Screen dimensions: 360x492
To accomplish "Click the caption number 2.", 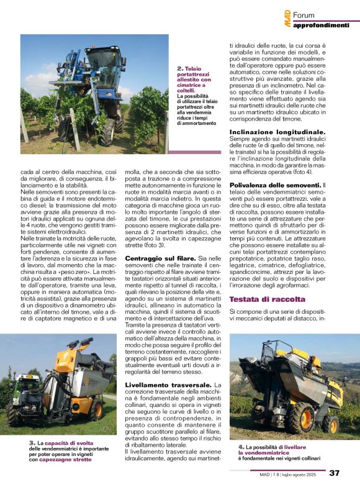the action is click(x=179, y=68).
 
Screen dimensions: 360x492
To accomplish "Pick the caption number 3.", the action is click(x=30, y=442).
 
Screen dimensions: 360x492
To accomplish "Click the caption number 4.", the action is click(x=241, y=447).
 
